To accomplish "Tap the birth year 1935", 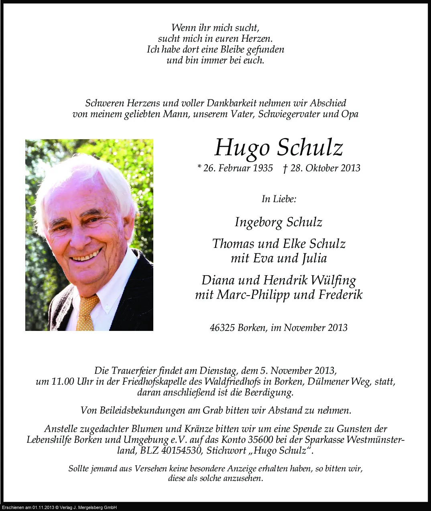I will tap(263, 168).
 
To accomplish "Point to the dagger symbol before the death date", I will tap(285, 168).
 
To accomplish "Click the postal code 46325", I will tap(222, 328).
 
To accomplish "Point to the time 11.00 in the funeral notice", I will tap(63, 381).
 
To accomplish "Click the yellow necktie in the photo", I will tap(86, 313).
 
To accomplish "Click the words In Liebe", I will tap(279, 199).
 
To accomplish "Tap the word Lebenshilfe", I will tap(49, 440).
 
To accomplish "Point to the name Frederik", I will tap(340, 295).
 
